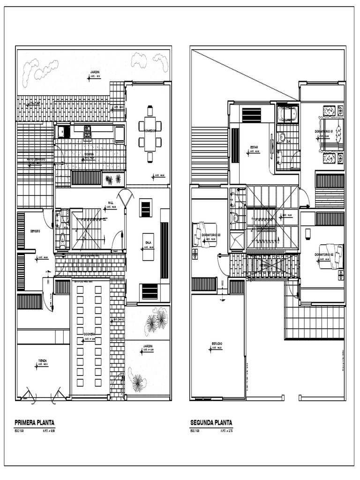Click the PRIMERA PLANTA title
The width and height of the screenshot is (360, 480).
point(34,422)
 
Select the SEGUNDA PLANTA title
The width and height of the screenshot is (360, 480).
point(211,422)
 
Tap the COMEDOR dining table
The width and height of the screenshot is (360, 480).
point(150,134)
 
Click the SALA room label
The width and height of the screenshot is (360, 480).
point(148,242)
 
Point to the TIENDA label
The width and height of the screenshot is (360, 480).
point(42,360)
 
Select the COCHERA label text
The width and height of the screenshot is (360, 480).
point(90,334)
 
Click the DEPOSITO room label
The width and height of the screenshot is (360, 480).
point(35,231)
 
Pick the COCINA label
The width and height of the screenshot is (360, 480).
point(89,154)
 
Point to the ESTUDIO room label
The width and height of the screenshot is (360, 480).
point(217,344)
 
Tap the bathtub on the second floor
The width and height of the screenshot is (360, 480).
point(287,114)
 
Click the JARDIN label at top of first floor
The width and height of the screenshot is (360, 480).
point(95,72)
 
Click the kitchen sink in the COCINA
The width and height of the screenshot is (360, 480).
point(63,132)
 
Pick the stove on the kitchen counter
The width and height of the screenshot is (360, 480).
point(87,132)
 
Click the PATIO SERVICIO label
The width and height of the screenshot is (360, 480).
point(33,160)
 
